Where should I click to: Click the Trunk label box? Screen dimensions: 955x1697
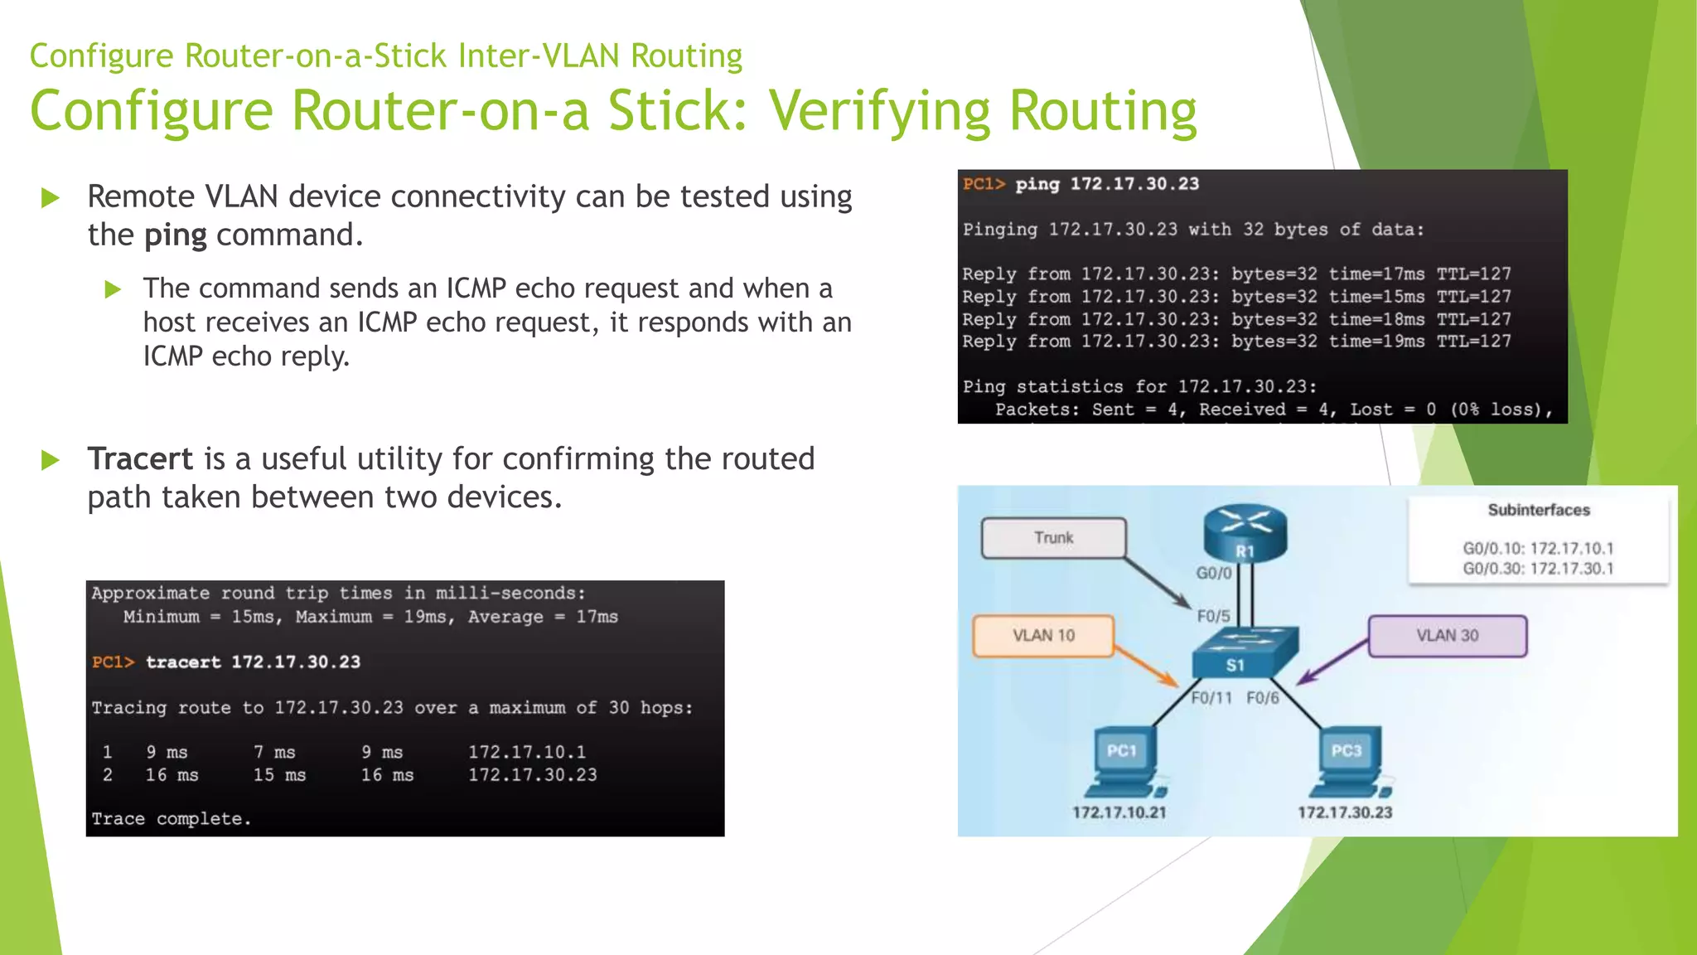(x=1053, y=538)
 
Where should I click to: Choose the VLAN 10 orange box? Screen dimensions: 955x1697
(x=1042, y=636)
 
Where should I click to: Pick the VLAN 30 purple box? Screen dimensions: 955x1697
(x=1447, y=636)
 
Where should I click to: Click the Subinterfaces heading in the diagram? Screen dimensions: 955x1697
(x=1539, y=510)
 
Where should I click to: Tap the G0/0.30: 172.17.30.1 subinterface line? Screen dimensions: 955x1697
(x=1538, y=569)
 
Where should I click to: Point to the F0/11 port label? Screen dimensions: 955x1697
(x=1211, y=698)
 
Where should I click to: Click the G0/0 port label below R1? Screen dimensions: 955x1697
(x=1213, y=573)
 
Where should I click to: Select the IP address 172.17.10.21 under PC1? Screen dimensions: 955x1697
(x=1119, y=812)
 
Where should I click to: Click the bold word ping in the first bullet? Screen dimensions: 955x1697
(x=175, y=235)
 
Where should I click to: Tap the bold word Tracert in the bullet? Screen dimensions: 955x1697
(x=140, y=458)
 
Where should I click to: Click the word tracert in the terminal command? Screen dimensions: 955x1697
(x=183, y=662)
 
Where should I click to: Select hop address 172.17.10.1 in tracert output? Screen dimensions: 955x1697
(x=527, y=752)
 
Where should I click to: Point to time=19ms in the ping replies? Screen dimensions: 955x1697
(x=1376, y=342)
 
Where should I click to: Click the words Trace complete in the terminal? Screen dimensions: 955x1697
(x=171, y=819)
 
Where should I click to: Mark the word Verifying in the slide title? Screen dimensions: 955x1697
(x=879, y=111)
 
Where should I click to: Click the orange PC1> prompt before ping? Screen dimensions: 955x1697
(x=984, y=184)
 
